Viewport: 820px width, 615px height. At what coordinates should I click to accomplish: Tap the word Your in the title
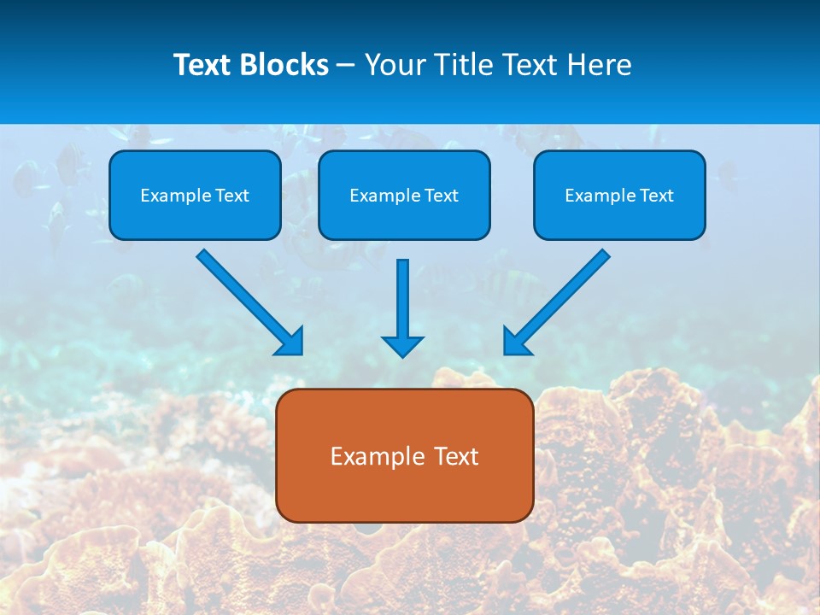pyautogui.click(x=395, y=65)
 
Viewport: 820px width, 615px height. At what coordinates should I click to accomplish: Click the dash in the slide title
pyautogui.click(x=346, y=66)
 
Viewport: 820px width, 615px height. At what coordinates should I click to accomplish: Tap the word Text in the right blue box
pyautogui.click(x=656, y=196)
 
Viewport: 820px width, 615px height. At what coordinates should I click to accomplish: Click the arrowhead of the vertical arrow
pyautogui.click(x=402, y=345)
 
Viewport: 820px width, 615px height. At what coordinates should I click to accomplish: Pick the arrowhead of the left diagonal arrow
pyautogui.click(x=291, y=343)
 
